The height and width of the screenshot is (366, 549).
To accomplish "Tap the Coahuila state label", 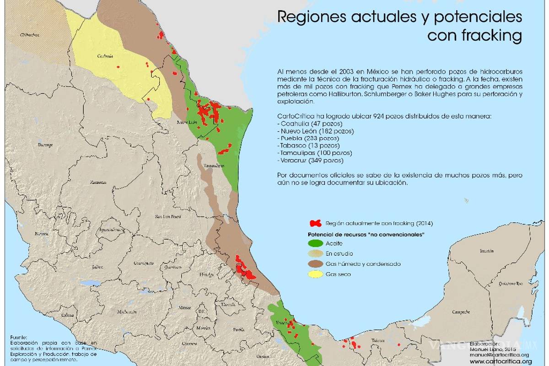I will click(105, 56).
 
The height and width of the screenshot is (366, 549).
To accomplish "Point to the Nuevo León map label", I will click(187, 122).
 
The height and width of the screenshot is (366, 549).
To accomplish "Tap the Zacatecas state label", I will click(98, 182).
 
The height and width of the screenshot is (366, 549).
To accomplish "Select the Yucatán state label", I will click(487, 251).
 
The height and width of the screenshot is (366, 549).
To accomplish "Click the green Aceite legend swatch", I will click(315, 243).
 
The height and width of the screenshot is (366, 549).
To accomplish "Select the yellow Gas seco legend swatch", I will click(315, 274).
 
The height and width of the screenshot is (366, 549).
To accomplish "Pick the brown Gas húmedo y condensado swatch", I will click(315, 264).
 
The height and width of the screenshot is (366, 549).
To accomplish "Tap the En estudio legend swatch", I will click(315, 253).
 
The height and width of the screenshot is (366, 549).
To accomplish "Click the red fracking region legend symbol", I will click(316, 224).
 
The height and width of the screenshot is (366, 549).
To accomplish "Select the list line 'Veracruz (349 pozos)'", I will click(310, 161).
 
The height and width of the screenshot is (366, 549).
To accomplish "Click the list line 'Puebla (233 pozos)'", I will click(308, 138).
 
